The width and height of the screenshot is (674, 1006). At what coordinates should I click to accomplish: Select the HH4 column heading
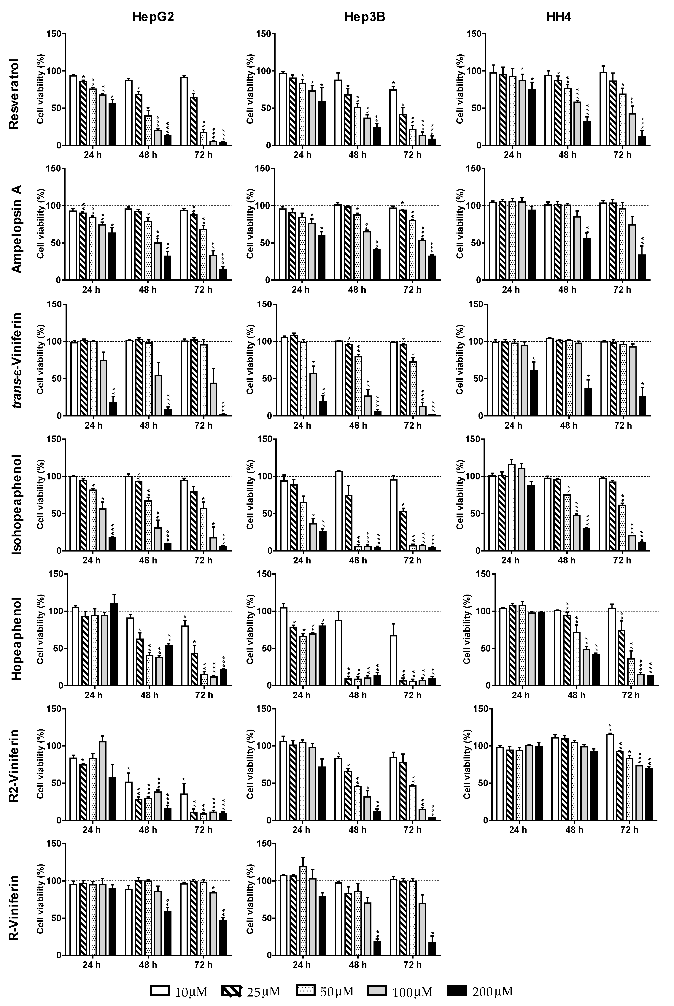[x=559, y=17]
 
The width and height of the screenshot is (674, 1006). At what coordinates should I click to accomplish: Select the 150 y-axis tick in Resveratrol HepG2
[x=54, y=34]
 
